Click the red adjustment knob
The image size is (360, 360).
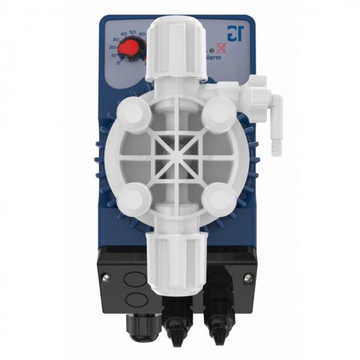(131, 49)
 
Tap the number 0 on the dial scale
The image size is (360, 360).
(119, 62)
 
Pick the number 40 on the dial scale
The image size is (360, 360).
(124, 34)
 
